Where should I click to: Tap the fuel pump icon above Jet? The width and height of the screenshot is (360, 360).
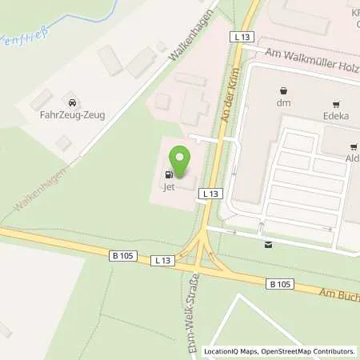click(x=169, y=174)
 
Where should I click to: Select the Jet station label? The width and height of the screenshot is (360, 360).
click(x=169, y=188)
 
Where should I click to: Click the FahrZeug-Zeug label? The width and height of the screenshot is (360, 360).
click(x=72, y=114)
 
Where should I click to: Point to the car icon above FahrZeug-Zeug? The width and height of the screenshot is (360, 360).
click(x=72, y=102)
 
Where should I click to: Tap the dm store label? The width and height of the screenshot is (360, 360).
click(x=282, y=102)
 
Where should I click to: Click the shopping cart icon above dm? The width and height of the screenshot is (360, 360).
click(x=282, y=90)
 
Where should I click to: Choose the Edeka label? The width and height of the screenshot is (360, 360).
click(x=336, y=115)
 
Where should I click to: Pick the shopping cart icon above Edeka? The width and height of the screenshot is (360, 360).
click(x=336, y=103)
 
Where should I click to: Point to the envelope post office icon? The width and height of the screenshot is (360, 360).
click(x=268, y=244)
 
